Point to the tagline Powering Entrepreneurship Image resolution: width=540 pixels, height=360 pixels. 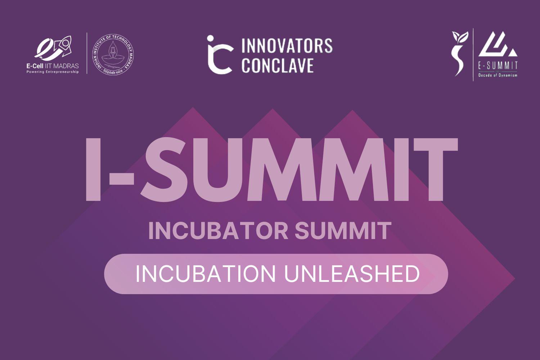pos(53,72)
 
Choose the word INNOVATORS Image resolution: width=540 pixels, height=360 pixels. pos(287,46)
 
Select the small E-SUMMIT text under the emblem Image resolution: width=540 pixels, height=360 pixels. pos(498,65)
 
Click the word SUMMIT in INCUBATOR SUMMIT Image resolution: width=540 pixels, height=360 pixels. pos(343,231)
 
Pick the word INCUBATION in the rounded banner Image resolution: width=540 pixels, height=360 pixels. pos(205,274)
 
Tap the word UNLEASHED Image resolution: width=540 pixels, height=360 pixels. pos(352,274)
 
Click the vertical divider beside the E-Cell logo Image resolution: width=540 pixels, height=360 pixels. pos(87,53)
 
